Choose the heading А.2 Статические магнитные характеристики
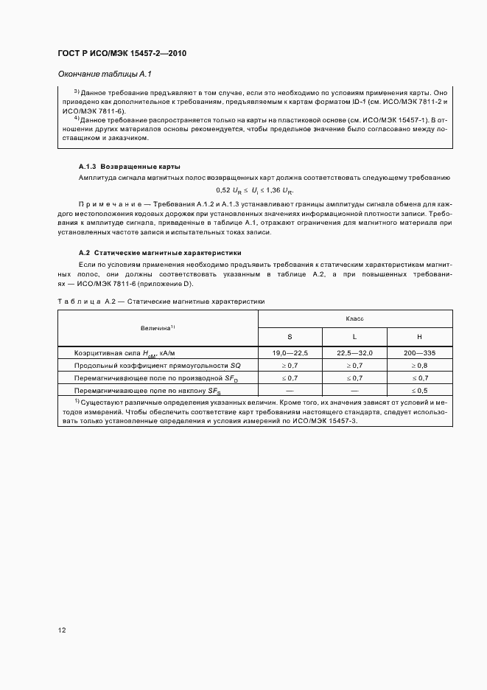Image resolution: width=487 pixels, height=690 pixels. click(155, 254)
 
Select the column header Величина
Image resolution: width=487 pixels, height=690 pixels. click(157, 327)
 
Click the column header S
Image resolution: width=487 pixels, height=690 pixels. click(290, 336)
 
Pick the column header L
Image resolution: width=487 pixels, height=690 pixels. click(355, 336)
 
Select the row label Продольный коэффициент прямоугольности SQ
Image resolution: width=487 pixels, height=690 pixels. click(157, 366)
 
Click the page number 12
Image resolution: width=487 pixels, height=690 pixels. click(62, 630)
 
